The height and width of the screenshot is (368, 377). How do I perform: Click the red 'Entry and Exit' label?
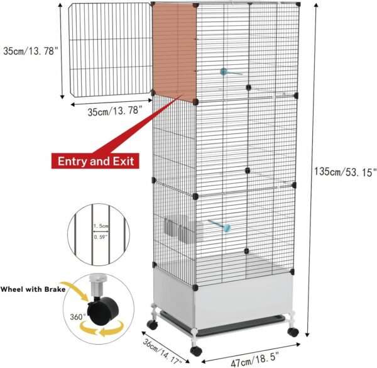point(96,161)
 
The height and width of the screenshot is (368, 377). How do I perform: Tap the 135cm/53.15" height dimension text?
point(345,172)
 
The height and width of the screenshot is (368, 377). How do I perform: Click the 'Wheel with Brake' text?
point(33,289)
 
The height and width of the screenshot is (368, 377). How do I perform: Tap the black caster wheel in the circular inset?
point(103,311)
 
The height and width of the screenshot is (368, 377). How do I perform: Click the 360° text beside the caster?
point(78,317)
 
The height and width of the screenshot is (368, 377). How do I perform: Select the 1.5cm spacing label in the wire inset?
point(101,226)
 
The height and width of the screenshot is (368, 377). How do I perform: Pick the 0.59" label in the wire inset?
point(101,237)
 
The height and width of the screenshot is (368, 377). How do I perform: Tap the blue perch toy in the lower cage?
point(220,226)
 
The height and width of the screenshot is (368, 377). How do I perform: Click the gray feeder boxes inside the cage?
point(184,229)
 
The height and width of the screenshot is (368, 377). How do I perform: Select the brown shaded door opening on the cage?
point(175,52)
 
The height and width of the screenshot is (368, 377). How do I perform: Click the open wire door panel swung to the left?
point(110,50)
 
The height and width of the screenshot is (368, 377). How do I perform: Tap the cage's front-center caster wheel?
point(196,350)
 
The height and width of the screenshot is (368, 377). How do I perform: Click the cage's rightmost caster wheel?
point(293,332)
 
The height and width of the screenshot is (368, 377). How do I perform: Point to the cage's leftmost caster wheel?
point(153,325)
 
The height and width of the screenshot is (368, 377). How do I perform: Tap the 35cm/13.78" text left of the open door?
point(31,51)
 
